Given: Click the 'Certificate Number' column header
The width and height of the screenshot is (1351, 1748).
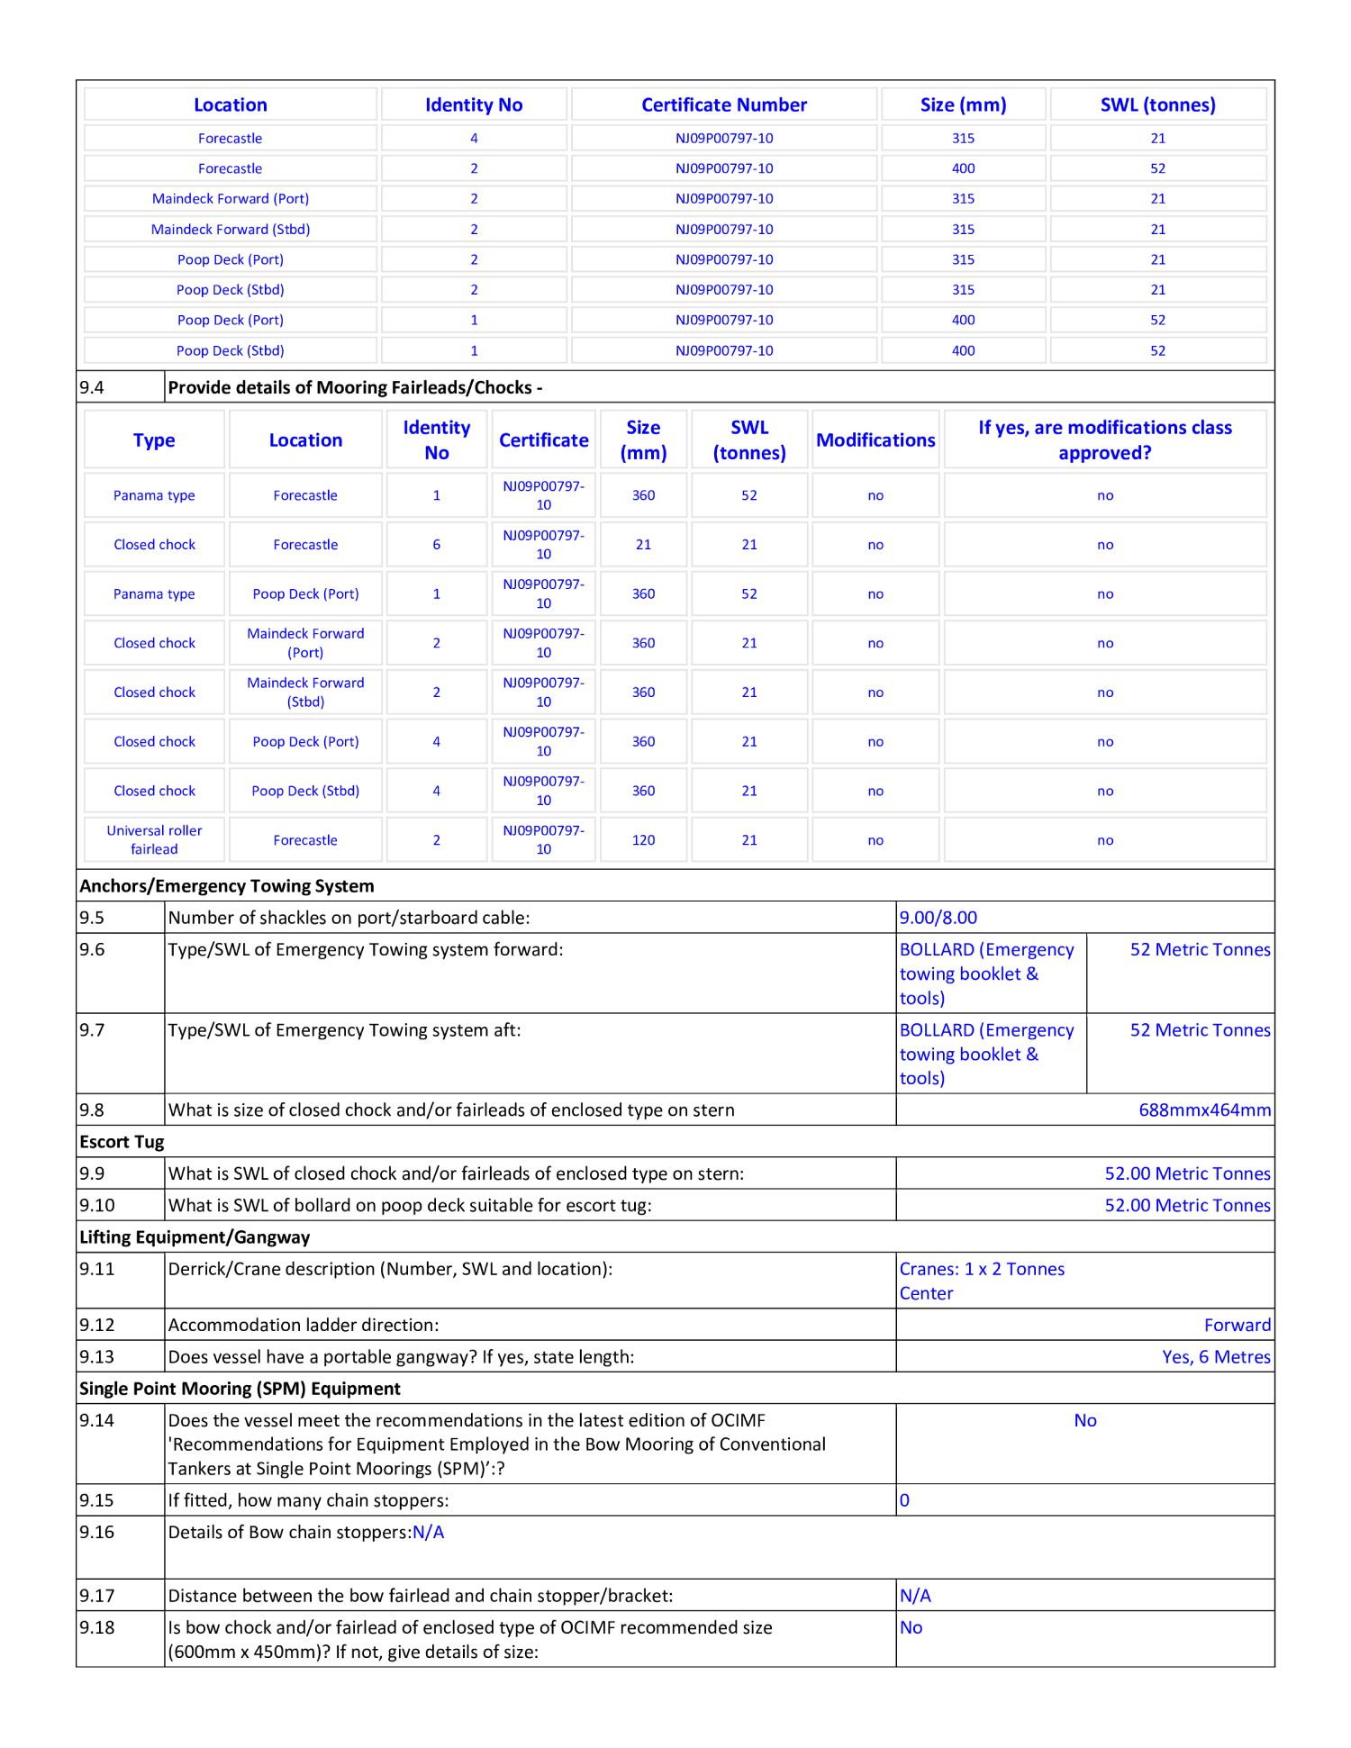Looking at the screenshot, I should tap(724, 104).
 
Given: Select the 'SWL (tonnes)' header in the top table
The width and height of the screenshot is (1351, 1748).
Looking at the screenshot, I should tap(1157, 104).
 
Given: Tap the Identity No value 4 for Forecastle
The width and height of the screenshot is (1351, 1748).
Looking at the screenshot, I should tap(474, 138).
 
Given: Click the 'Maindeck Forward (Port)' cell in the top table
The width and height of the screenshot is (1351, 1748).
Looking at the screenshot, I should tap(231, 199).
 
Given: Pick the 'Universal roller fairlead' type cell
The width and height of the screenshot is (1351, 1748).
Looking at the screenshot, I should tap(154, 839).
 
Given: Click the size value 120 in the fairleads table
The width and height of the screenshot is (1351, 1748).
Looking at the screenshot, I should tap(643, 840).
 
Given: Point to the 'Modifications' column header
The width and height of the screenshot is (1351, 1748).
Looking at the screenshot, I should tap(875, 440).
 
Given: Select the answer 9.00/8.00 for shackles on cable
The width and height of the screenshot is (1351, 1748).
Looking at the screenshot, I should tap(938, 918).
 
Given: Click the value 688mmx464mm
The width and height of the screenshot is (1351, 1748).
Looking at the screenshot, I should tap(1204, 1110).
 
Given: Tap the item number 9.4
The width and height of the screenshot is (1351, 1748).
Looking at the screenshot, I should tap(92, 388).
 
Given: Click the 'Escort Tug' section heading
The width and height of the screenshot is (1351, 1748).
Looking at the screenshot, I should tap(122, 1142).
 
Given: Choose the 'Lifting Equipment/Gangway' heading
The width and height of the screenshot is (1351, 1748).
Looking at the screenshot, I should tap(195, 1237).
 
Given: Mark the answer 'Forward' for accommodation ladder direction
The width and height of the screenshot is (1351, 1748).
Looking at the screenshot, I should tap(1237, 1325).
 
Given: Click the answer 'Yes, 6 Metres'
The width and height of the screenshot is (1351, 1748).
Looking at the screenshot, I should tap(1216, 1357).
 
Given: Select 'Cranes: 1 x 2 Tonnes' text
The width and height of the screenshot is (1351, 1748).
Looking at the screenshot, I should tap(982, 1269).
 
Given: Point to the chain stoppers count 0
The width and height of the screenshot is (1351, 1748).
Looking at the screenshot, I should tap(905, 1500).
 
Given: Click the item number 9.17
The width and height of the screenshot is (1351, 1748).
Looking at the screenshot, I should tap(96, 1596).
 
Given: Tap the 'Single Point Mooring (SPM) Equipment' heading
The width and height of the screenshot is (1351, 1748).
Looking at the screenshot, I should tap(240, 1389).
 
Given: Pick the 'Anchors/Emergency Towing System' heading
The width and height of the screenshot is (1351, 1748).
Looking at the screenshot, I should tap(227, 886).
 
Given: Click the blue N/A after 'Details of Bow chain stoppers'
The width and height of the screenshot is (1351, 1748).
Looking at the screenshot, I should tap(429, 1533).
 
